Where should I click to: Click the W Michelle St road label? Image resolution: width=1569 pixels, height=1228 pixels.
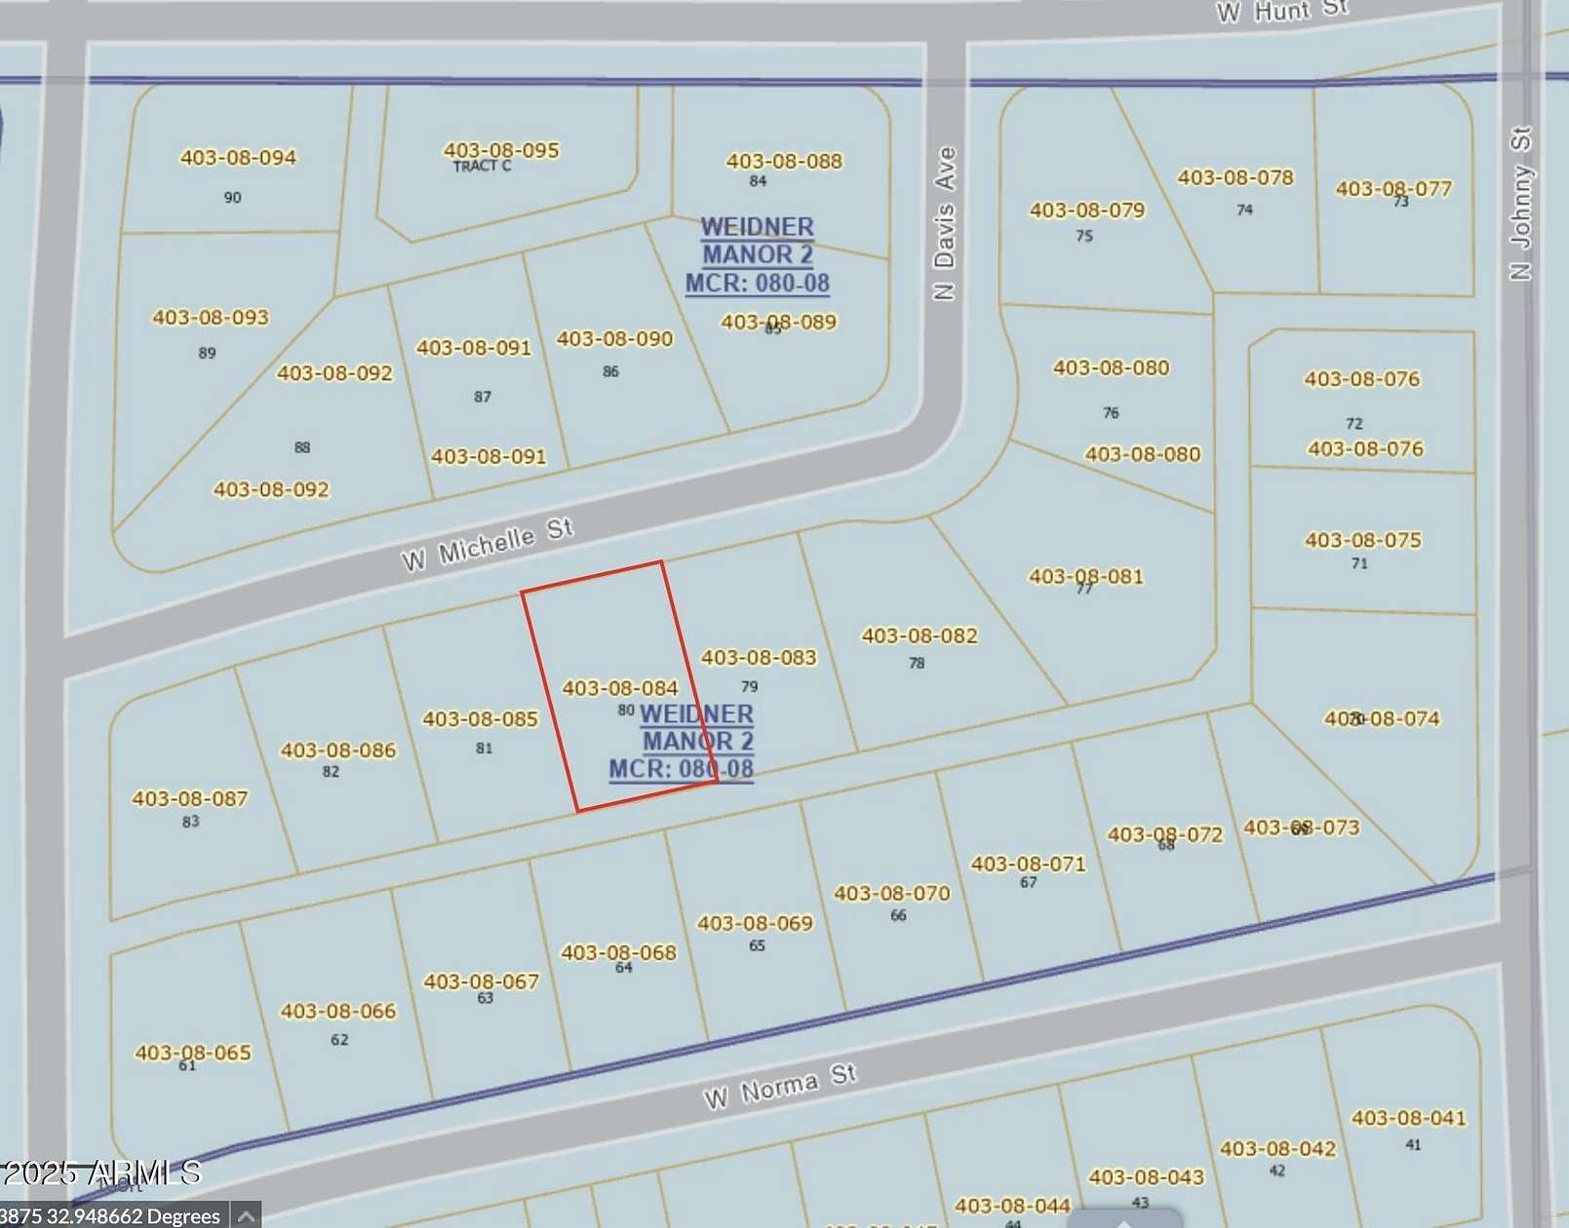coord(487,545)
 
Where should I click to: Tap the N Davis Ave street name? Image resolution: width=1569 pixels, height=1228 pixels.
coord(944,223)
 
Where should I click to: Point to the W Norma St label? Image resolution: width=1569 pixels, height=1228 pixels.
coord(779,1087)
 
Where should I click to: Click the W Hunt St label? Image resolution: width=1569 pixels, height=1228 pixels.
coord(1281,11)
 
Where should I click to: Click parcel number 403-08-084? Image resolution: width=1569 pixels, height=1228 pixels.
coord(620,688)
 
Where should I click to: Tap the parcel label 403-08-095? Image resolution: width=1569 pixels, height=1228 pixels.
coord(501,150)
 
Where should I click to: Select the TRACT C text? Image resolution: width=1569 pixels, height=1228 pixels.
coord(482,167)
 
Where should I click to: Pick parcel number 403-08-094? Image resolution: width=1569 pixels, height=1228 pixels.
coord(238,157)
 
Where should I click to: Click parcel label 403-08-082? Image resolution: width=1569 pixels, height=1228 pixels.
coord(919,635)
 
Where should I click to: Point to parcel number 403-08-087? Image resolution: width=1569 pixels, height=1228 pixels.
coord(190,798)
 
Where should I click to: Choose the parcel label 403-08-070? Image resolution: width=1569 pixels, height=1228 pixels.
coord(891,893)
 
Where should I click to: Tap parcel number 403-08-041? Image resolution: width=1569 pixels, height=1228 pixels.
coord(1408,1118)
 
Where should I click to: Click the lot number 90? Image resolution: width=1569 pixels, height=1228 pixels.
coord(232,198)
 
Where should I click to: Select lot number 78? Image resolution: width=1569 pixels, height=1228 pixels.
coord(917,664)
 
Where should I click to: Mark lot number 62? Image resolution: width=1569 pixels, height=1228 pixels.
coord(339,1040)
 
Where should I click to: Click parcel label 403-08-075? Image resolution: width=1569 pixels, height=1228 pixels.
coord(1363,540)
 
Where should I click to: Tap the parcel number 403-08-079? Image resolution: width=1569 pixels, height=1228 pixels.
coord(1087,210)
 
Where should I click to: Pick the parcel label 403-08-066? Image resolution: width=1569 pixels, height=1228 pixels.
coord(338,1011)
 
